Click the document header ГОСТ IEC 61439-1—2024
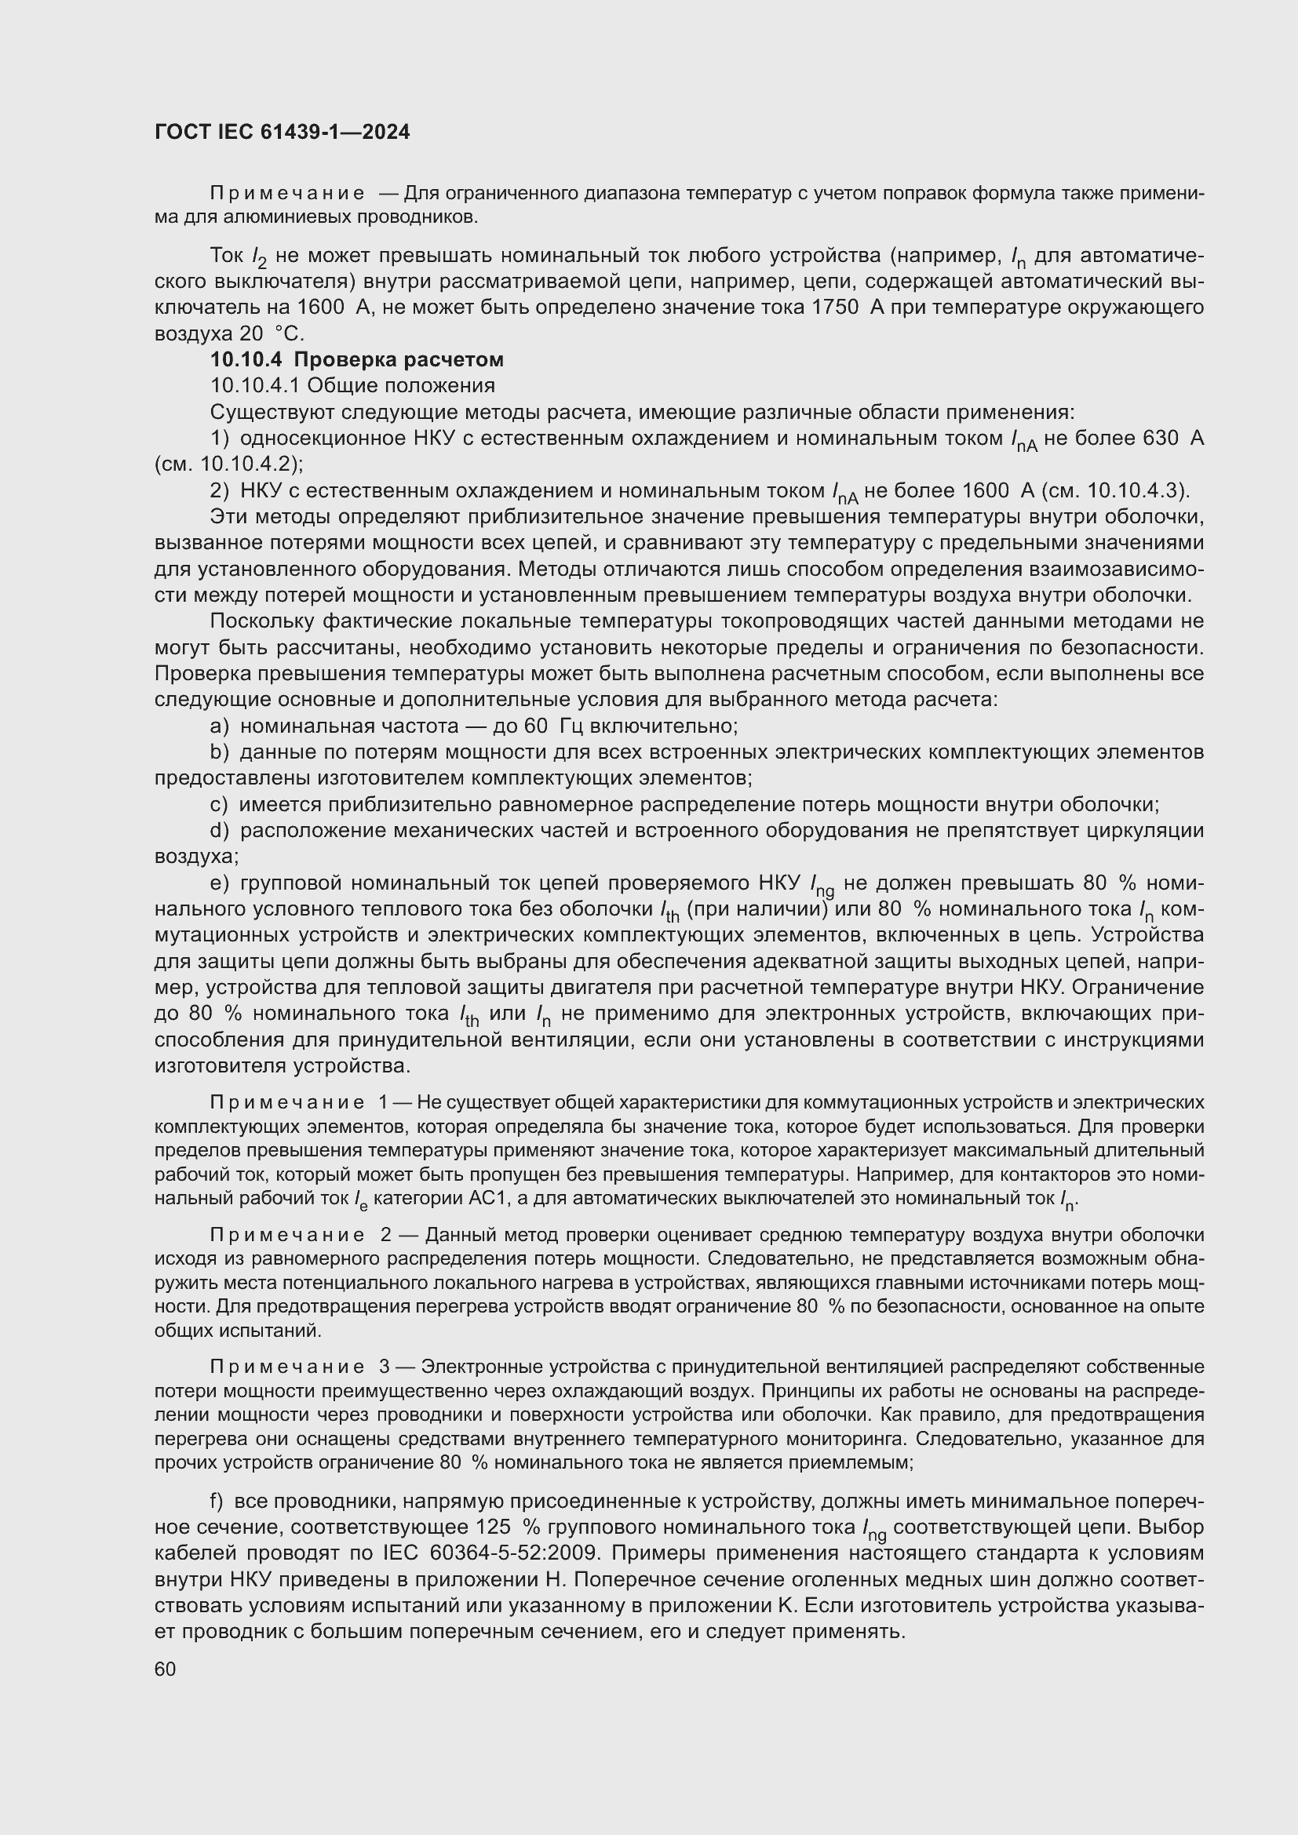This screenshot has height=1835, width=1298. click(x=283, y=133)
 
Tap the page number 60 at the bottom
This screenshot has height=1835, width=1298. click(x=166, y=1669)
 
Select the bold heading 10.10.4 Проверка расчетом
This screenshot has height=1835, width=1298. click(x=356, y=359)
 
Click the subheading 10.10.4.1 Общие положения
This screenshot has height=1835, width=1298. click(x=352, y=386)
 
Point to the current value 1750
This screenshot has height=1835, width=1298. click(x=835, y=308)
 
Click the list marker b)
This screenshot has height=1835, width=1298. click(x=220, y=753)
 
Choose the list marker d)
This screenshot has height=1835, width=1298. click(x=220, y=831)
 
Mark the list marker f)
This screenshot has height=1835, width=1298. click(x=217, y=1502)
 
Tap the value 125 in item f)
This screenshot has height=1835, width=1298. click(x=493, y=1527)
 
